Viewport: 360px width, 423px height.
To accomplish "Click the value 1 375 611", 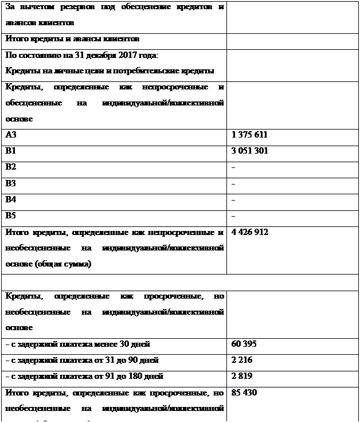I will tap(249, 135).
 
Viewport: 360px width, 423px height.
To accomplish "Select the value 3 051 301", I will tap(249, 151).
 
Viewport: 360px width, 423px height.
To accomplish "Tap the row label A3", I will tap(11, 135).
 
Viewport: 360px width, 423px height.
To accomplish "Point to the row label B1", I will tap(11, 151).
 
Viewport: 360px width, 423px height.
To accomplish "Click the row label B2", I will tap(11, 167).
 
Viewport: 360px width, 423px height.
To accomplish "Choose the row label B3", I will tap(11, 183).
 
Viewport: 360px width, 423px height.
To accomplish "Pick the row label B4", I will tap(11, 199).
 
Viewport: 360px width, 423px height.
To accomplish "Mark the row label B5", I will tap(11, 216).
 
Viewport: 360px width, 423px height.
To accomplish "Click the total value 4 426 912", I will tap(250, 232).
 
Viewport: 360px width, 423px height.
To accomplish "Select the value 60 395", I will tap(244, 344).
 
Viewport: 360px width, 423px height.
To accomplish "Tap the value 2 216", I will tap(241, 361).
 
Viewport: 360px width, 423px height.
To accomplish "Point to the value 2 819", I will tap(241, 377).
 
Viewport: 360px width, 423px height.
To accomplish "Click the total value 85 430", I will tap(244, 393).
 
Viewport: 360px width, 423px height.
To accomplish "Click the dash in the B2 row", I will tap(233, 167).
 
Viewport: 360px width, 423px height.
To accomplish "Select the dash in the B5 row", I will tap(233, 216).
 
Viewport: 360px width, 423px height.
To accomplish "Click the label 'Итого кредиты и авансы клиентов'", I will tap(72, 40).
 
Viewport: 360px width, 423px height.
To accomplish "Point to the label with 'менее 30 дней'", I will tap(77, 344).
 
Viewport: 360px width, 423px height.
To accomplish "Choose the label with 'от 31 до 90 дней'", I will tap(82, 361).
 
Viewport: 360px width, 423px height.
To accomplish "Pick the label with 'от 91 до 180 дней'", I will tap(84, 377).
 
